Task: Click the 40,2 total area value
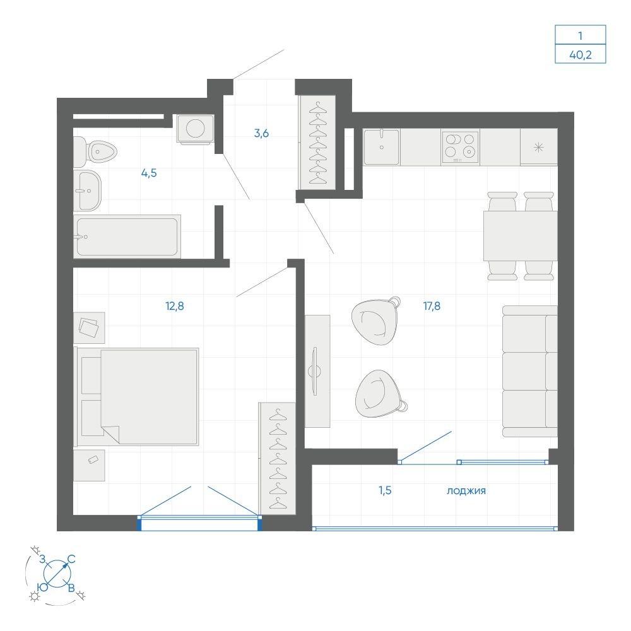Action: (581, 54)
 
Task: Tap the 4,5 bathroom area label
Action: (149, 173)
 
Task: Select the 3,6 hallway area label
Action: (262, 133)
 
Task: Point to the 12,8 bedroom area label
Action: (175, 306)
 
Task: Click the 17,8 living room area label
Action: (432, 306)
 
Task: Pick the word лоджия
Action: (466, 490)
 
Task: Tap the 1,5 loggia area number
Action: (385, 490)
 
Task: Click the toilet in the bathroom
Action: (95, 151)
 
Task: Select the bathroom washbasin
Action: (87, 191)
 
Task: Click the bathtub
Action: (127, 237)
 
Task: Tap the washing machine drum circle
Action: (196, 128)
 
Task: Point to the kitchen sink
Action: (382, 147)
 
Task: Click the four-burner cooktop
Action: (460, 146)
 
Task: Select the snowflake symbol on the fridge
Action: (538, 148)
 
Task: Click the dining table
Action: (521, 236)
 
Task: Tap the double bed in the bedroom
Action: (138, 397)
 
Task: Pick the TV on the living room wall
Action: (314, 370)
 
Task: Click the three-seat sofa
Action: (530, 371)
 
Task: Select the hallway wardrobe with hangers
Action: (317, 143)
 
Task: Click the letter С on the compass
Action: (71, 559)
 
